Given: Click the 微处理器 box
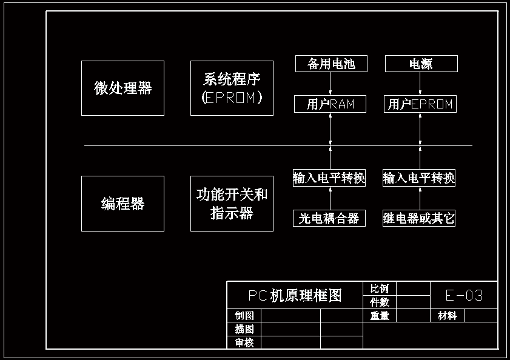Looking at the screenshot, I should point(122,88).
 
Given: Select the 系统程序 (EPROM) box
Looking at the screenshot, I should point(232,88).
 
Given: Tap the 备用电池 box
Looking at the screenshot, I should point(331,64).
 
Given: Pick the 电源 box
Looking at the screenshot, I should point(421,64).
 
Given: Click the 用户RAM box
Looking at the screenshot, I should point(330,104).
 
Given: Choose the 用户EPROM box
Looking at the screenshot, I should point(420,104).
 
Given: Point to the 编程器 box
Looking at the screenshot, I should point(122,204).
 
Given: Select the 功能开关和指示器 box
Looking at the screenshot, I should point(232,204).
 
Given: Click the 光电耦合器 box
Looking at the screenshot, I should point(329,218).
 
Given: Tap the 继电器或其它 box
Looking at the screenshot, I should point(419,218).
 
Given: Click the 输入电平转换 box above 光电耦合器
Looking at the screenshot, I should point(329,178).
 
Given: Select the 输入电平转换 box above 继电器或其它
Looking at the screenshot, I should point(419,178).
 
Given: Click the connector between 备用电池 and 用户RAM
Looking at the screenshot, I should point(331,84).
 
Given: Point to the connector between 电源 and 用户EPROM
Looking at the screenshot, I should point(421,84).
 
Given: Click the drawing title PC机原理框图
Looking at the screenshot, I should point(295,295).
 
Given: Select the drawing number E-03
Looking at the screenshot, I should point(464,295).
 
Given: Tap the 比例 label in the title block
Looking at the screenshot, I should point(380,288).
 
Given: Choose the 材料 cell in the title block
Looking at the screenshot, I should point(448,316).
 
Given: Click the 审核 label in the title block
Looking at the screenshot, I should point(244,343).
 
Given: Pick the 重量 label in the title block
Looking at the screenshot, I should point(380,316).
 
